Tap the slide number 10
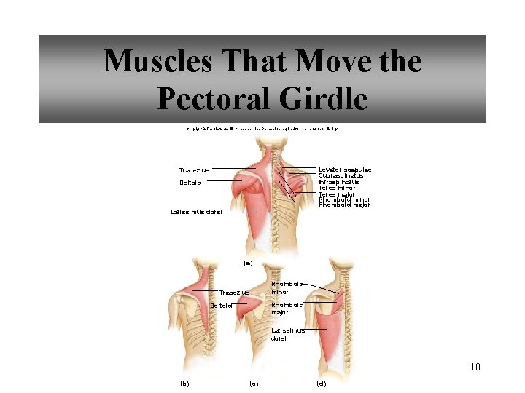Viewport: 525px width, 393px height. pyautogui.click(x=475, y=367)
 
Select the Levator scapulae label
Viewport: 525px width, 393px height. pyautogui.click(x=345, y=170)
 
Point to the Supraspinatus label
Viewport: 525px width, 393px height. pyautogui.click(x=341, y=175)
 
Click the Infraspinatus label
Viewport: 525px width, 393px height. pyautogui.click(x=339, y=182)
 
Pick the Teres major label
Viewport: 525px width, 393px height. pyautogui.click(x=337, y=194)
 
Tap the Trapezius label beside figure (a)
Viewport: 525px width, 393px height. pyautogui.click(x=194, y=170)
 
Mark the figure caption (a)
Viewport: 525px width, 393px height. pyautogui.click(x=247, y=263)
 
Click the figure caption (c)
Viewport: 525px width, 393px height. pyautogui.click(x=254, y=383)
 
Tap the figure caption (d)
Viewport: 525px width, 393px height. pyautogui.click(x=321, y=383)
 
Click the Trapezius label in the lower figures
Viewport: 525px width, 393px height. pyautogui.click(x=234, y=293)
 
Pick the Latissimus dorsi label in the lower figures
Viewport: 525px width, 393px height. pyautogui.click(x=287, y=334)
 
